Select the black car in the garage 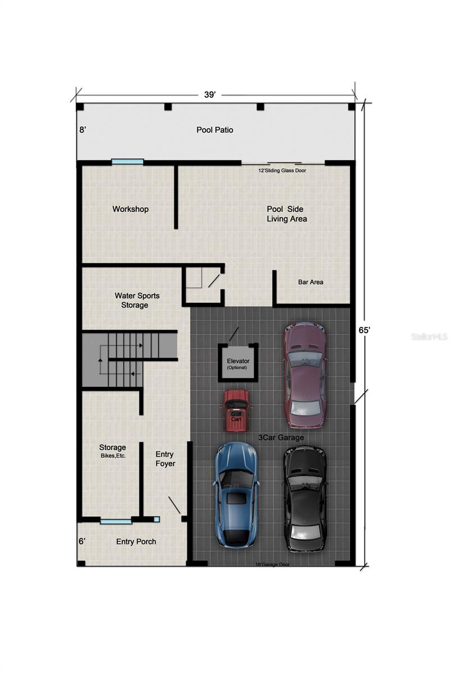tap(304, 498)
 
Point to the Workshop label tap(130, 209)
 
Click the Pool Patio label tap(214, 130)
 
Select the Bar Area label tap(310, 282)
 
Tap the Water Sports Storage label tap(135, 300)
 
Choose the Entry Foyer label tap(165, 459)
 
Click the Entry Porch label tap(136, 542)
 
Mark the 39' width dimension tap(210, 95)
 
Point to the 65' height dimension tap(365, 330)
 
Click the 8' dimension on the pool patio tap(83, 130)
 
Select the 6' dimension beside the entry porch tap(83, 541)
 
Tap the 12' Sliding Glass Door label tap(283, 170)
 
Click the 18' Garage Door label tap(273, 565)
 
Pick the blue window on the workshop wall tap(127, 162)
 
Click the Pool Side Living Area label tap(286, 214)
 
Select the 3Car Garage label tap(281, 437)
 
